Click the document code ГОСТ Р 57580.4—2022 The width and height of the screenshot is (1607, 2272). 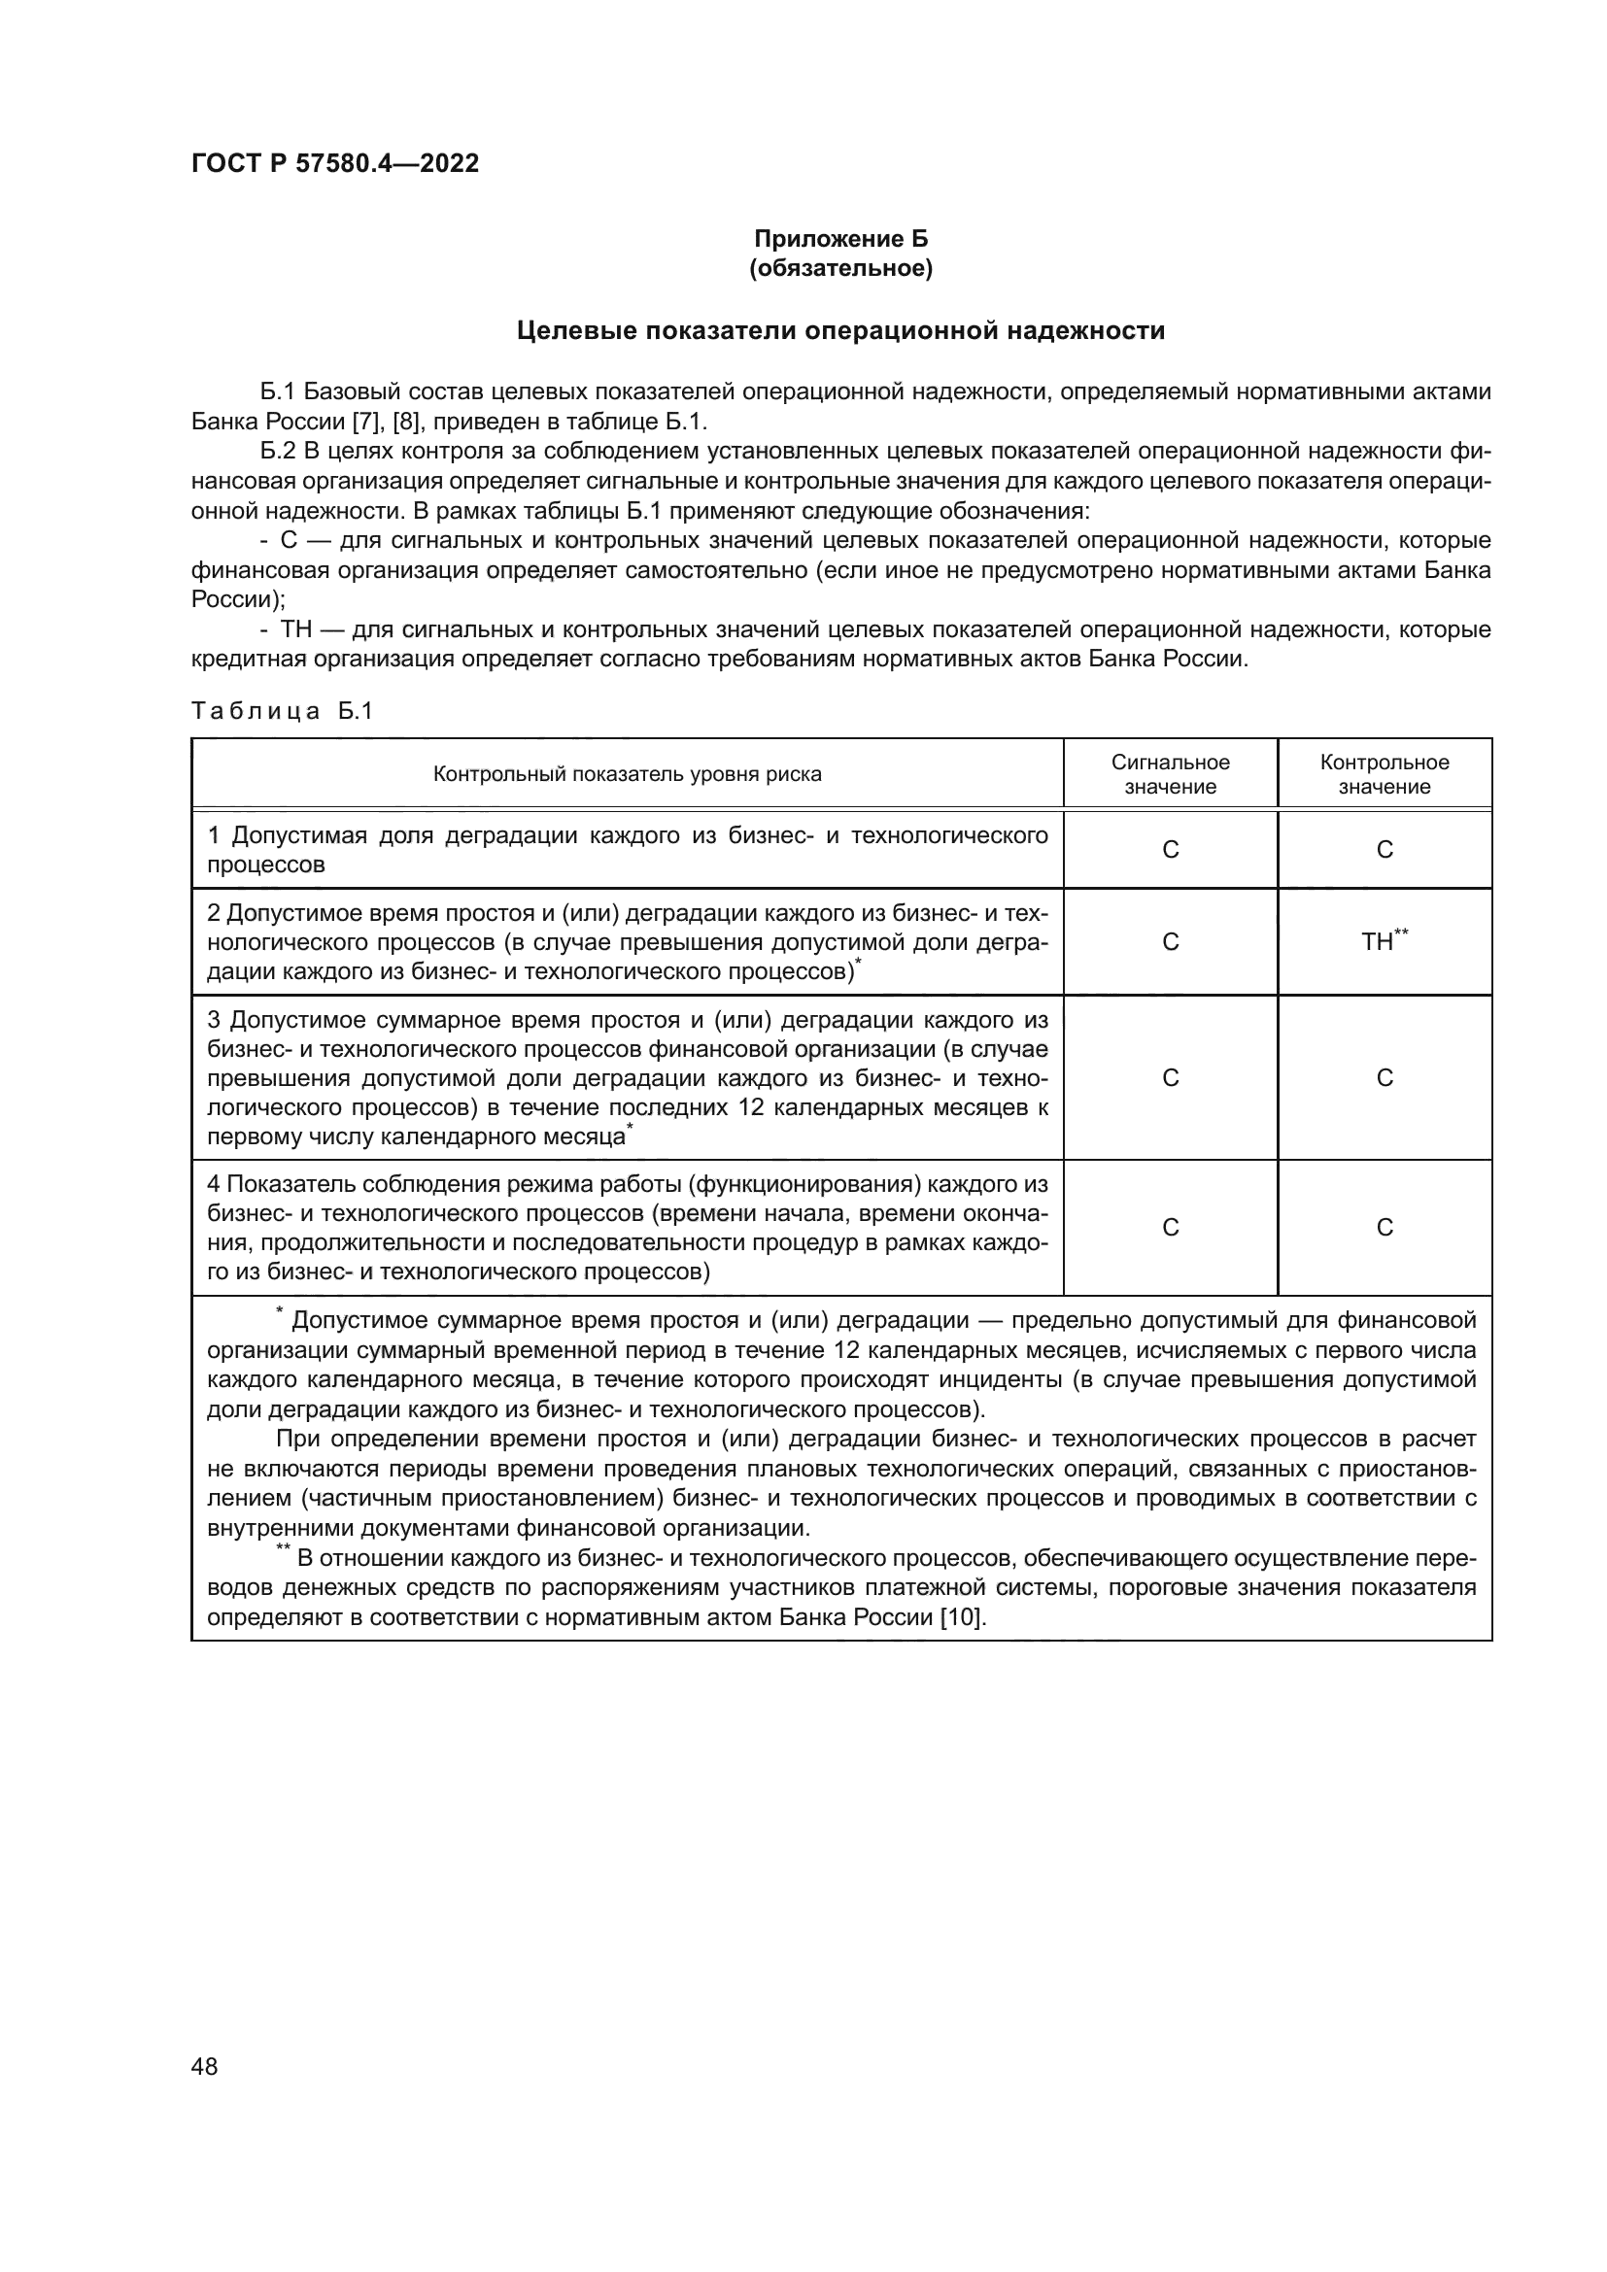pyautogui.click(x=334, y=163)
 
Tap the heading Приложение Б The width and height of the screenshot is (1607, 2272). pyautogui.click(x=840, y=239)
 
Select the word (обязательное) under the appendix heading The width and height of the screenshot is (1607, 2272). pyautogui.click(x=840, y=268)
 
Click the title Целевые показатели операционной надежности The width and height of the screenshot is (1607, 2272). pyautogui.click(x=840, y=330)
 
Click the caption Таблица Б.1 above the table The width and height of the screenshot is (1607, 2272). pyautogui.click(x=281, y=710)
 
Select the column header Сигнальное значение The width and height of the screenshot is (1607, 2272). pyautogui.click(x=1170, y=774)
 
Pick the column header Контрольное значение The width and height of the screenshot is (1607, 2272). pyautogui.click(x=1384, y=774)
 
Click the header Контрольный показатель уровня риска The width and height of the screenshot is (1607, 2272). pyautogui.click(x=627, y=774)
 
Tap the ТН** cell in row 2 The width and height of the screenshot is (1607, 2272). pyautogui.click(x=1383, y=941)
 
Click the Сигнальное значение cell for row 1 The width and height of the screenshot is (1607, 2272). pyautogui.click(x=1170, y=849)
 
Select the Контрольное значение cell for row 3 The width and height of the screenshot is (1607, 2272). pyautogui.click(x=1384, y=1077)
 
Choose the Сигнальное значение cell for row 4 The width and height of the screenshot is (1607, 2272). pyautogui.click(x=1170, y=1227)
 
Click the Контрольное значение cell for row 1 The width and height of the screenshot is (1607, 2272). pyautogui.click(x=1384, y=849)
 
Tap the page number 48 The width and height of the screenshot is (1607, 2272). pyautogui.click(x=205, y=2066)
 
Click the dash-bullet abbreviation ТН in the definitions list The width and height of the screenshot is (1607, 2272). pyautogui.click(x=297, y=630)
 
